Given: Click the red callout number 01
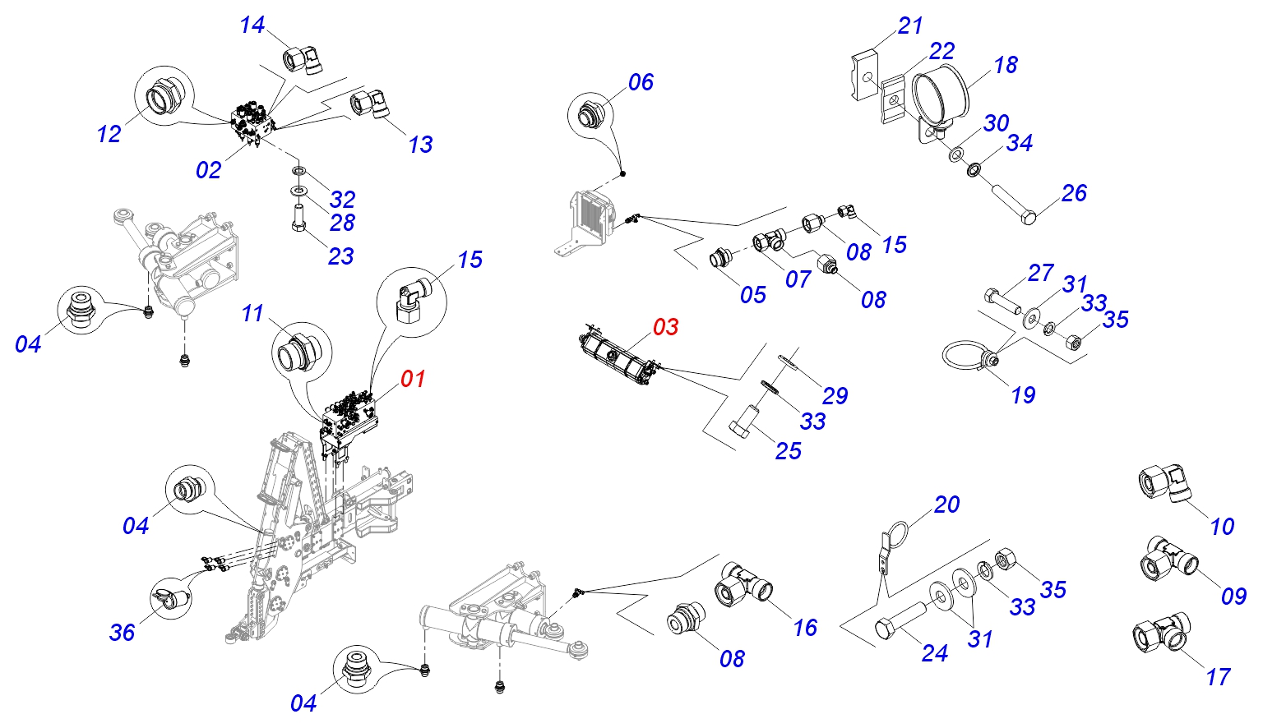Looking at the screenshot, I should (x=413, y=379).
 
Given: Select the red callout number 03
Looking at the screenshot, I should (x=665, y=327).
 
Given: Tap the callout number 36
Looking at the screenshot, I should (x=122, y=632).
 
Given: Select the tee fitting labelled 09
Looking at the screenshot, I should (x=1168, y=558).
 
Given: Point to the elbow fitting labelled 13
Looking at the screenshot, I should (x=372, y=104).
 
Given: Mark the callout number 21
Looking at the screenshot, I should (x=910, y=26).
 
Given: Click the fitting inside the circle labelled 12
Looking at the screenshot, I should (x=163, y=99).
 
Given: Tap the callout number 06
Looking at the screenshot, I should (x=641, y=82).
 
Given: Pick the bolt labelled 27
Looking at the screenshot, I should (x=1000, y=301).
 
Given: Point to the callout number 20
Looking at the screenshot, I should (x=946, y=505).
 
